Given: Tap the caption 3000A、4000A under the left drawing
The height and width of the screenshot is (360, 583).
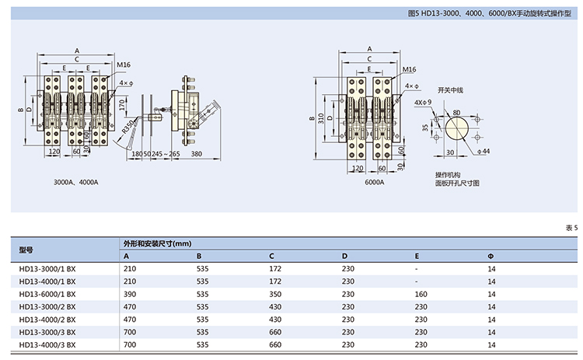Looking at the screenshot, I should click(x=75, y=182).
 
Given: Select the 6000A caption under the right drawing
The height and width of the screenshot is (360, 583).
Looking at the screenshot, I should click(x=374, y=182).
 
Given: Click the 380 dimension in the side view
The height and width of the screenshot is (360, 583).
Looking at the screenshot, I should click(x=196, y=154).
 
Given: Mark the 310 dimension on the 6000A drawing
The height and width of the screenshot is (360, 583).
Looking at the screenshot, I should click(x=319, y=117).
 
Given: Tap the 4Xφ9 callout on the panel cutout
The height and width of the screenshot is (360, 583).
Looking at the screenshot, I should click(x=423, y=102).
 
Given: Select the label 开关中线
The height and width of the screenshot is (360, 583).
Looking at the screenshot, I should click(x=449, y=89).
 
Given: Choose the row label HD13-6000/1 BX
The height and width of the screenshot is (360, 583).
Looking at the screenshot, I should click(x=47, y=295).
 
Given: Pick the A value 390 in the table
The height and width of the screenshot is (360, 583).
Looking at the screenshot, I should click(x=130, y=295).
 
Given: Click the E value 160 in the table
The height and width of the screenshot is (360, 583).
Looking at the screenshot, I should click(x=421, y=295).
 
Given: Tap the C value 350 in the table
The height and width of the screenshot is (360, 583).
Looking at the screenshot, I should click(x=276, y=295).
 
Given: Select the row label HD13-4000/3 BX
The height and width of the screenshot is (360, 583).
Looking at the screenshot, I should click(x=47, y=344).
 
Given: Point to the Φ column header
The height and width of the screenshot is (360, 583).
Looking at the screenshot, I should click(x=490, y=257).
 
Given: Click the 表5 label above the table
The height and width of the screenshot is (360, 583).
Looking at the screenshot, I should click(x=571, y=228).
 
